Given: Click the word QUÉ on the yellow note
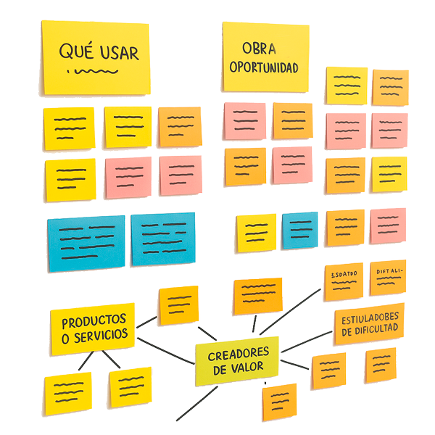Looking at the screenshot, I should pyautogui.click(x=75, y=53).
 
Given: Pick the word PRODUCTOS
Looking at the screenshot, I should pyautogui.click(x=94, y=320).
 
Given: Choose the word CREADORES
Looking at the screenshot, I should pyautogui.click(x=239, y=353).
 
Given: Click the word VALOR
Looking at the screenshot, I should pyautogui.click(x=251, y=369).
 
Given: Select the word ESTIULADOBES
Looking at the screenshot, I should pyautogui.click(x=370, y=317).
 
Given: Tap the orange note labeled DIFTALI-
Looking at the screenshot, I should pyautogui.click(x=388, y=278).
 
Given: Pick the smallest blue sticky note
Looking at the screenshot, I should pyautogui.click(x=299, y=231).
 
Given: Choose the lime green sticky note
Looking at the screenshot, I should pyautogui.click(x=237, y=361).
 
